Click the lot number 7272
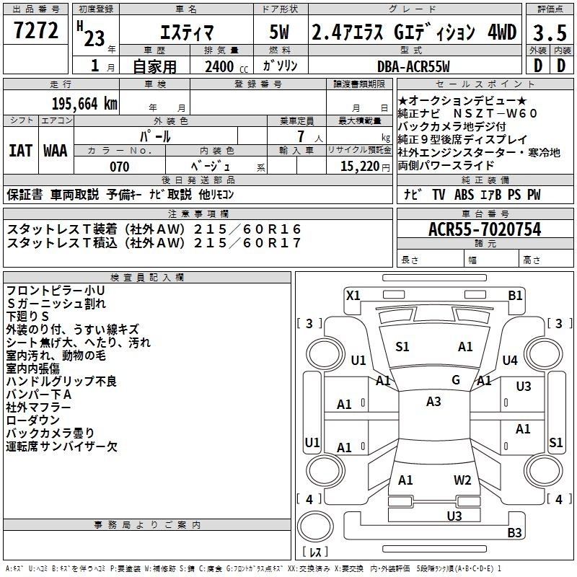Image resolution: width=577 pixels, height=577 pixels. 36,31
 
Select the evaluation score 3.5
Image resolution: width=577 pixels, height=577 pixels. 548,32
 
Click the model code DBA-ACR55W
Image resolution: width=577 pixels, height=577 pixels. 413,66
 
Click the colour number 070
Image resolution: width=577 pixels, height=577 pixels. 119,167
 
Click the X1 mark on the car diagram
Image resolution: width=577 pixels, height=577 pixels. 353,294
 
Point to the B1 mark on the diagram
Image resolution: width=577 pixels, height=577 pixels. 515,294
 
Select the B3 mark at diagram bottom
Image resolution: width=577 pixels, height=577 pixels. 514,533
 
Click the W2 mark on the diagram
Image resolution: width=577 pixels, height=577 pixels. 462,480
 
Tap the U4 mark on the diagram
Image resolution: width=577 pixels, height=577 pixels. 510,360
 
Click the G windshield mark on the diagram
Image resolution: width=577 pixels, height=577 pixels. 455,379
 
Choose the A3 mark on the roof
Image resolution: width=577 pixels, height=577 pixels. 433,402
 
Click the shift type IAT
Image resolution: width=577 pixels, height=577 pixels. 20,151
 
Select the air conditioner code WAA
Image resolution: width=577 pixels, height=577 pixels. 56,151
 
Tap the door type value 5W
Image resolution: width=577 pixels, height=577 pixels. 281,32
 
